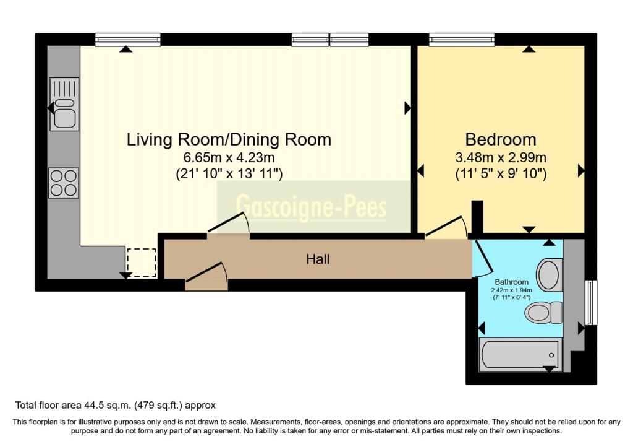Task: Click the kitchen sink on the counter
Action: [x=64, y=104]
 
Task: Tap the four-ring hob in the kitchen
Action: [x=64, y=183]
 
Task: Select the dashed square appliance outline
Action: [x=142, y=263]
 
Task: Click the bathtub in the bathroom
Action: [x=520, y=355]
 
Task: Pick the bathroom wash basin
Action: [x=549, y=275]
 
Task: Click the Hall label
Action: [x=318, y=259]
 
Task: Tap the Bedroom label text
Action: [x=501, y=139]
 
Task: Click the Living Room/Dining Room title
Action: [x=229, y=139]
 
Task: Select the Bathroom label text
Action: [x=511, y=282]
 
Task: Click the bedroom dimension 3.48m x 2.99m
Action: [x=501, y=157]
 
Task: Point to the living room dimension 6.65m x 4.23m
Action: [x=229, y=157]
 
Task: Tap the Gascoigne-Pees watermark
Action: [x=311, y=207]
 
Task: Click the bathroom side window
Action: [x=591, y=302]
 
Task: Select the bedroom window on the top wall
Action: [x=462, y=40]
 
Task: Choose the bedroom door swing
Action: [x=446, y=227]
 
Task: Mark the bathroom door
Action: [x=483, y=257]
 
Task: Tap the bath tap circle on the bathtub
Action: [x=551, y=355]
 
